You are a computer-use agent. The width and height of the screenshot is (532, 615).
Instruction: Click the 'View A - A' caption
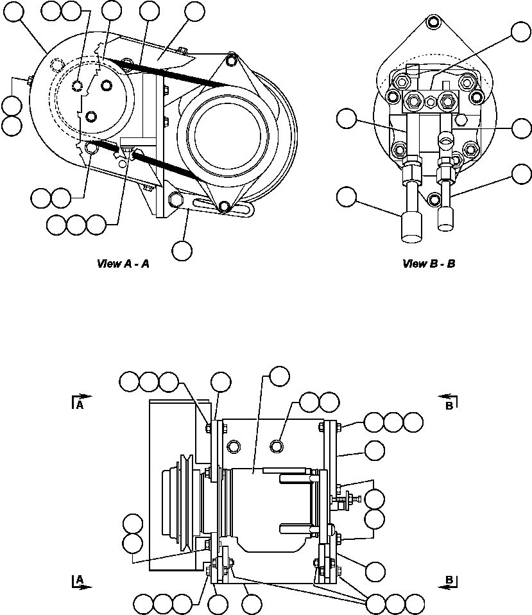[x=123, y=264]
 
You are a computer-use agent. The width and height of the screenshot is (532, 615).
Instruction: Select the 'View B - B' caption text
[x=428, y=264]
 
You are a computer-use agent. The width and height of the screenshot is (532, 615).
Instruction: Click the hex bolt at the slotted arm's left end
[x=172, y=201]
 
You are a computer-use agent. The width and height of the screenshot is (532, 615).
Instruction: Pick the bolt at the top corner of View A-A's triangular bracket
[x=232, y=61]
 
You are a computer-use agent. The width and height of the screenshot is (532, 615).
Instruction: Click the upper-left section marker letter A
[x=79, y=405]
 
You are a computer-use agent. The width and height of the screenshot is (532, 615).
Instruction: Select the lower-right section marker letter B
[x=450, y=580]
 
